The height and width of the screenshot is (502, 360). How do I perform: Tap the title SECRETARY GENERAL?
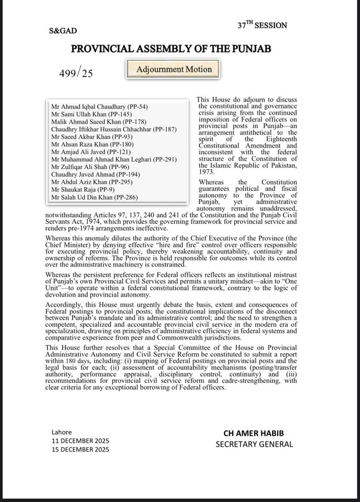(254, 444)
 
